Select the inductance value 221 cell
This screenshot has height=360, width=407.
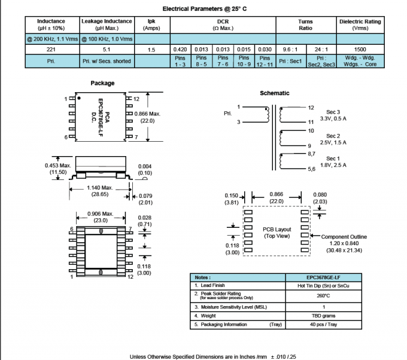coord(52,50)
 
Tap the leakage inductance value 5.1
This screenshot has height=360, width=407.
coord(107,50)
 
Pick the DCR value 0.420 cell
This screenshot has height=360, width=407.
coord(180,50)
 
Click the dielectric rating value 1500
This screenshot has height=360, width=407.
coord(360,50)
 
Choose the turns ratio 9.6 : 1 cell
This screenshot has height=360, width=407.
coord(291,50)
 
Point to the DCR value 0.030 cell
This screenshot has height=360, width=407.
coord(264,50)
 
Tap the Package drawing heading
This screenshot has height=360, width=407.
coord(102,83)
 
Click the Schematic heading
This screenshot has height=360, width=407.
coord(275,93)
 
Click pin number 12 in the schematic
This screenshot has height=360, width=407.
coord(311,108)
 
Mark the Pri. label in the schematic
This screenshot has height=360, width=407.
coord(227,112)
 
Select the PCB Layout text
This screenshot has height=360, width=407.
coord(277,229)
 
